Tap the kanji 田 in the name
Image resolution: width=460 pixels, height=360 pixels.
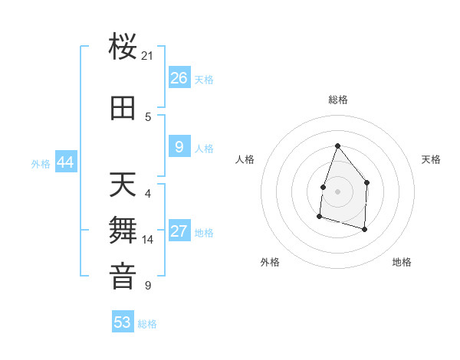click(123, 109)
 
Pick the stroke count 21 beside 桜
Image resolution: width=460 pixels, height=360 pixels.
click(148, 56)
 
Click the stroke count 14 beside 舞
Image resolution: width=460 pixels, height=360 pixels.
click(148, 240)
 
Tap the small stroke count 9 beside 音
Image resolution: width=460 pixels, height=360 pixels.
click(148, 286)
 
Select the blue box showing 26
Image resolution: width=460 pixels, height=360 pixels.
click(179, 78)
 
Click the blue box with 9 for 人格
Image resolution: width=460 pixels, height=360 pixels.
click(179, 147)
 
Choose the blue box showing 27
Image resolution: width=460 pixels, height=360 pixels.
click(179, 231)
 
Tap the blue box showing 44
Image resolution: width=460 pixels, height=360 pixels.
click(65, 162)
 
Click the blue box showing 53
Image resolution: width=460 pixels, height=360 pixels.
click(123, 322)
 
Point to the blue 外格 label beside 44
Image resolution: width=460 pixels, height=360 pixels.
click(41, 163)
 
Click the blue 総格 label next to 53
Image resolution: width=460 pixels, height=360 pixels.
click(147, 324)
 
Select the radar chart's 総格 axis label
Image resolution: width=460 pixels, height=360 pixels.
click(337, 100)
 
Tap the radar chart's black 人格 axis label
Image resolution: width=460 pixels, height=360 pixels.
click(245, 159)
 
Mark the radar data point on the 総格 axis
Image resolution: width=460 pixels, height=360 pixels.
click(337, 146)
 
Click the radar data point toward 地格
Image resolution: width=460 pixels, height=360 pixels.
click(364, 229)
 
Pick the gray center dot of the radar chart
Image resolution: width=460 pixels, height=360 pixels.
click(337, 191)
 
